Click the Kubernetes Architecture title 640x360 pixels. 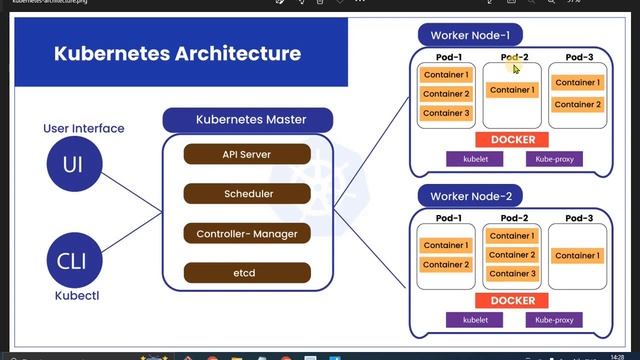(177, 53)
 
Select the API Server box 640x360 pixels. (246, 154)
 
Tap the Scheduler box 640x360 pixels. (246, 193)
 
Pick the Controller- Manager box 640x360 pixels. (246, 233)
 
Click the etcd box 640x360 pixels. (246, 272)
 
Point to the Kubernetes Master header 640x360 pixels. (248, 120)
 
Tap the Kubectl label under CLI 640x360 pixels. (69, 297)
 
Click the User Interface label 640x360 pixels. (84, 128)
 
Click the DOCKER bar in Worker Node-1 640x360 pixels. (512, 140)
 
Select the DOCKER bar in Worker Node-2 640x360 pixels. (512, 301)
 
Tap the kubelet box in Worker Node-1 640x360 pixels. (473, 159)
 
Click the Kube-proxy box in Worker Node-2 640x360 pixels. (553, 320)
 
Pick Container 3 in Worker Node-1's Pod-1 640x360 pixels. (446, 113)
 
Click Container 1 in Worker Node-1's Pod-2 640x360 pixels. (512, 90)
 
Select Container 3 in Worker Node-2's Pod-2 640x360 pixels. (512, 273)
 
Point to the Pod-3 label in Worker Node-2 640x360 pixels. (577, 218)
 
